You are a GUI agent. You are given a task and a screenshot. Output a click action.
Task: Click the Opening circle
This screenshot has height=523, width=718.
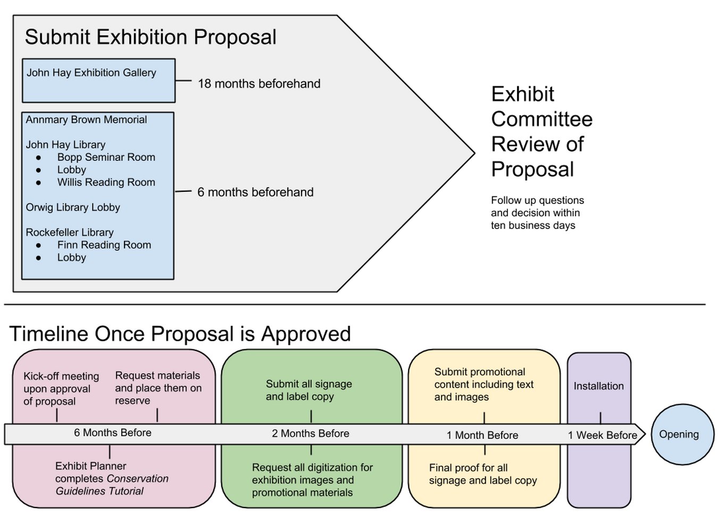682,434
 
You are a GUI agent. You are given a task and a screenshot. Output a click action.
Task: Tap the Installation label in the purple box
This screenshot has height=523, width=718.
598,386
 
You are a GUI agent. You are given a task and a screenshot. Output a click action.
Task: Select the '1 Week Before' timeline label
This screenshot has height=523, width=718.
602,435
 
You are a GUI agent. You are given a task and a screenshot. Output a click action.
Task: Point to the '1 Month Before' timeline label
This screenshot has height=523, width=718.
482,435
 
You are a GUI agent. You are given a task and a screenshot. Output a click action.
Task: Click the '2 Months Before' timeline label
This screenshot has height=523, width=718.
311,434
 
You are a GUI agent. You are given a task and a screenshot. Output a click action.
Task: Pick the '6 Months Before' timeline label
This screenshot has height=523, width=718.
112,432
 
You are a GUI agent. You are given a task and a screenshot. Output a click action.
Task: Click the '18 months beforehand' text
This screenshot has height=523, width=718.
259,84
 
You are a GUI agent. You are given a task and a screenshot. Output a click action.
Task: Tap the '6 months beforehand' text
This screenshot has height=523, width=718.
255,192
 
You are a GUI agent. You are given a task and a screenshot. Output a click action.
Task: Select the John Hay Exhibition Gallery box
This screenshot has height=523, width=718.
98,80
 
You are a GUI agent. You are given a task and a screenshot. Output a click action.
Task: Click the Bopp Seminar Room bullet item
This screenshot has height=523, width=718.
106,157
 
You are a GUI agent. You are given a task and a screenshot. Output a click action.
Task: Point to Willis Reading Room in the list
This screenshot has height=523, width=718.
106,182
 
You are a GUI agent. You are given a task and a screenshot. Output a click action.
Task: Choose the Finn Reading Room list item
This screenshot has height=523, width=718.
104,245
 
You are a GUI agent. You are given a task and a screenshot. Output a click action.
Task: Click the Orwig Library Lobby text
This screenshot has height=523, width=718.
73,207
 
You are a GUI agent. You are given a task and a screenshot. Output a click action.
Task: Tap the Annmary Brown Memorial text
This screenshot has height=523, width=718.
86,120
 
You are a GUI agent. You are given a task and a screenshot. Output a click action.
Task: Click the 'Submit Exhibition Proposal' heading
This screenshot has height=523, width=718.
151,37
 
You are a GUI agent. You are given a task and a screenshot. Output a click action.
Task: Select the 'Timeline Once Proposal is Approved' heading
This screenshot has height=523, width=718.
180,334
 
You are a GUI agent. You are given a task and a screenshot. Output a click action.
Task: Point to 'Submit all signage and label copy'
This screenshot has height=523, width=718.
308,390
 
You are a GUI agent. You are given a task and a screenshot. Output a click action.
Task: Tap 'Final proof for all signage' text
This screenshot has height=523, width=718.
482,474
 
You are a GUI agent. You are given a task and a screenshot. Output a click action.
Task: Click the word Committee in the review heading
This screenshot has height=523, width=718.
541,119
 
